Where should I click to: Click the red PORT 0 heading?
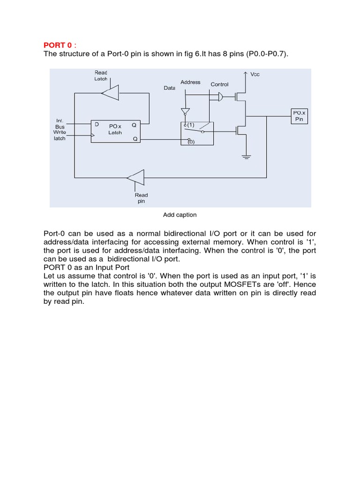(x=58, y=45)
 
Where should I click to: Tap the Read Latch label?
(x=101, y=75)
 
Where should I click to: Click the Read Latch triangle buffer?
(x=111, y=92)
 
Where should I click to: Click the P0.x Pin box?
(x=299, y=116)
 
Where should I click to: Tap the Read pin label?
(x=141, y=198)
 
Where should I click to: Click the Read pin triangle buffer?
(x=135, y=178)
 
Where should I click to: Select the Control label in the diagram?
(x=219, y=84)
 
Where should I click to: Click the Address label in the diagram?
(x=190, y=82)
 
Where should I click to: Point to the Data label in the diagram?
(x=169, y=88)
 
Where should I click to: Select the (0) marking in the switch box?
(x=191, y=142)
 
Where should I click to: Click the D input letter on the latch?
(x=97, y=125)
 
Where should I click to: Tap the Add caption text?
(x=180, y=215)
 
